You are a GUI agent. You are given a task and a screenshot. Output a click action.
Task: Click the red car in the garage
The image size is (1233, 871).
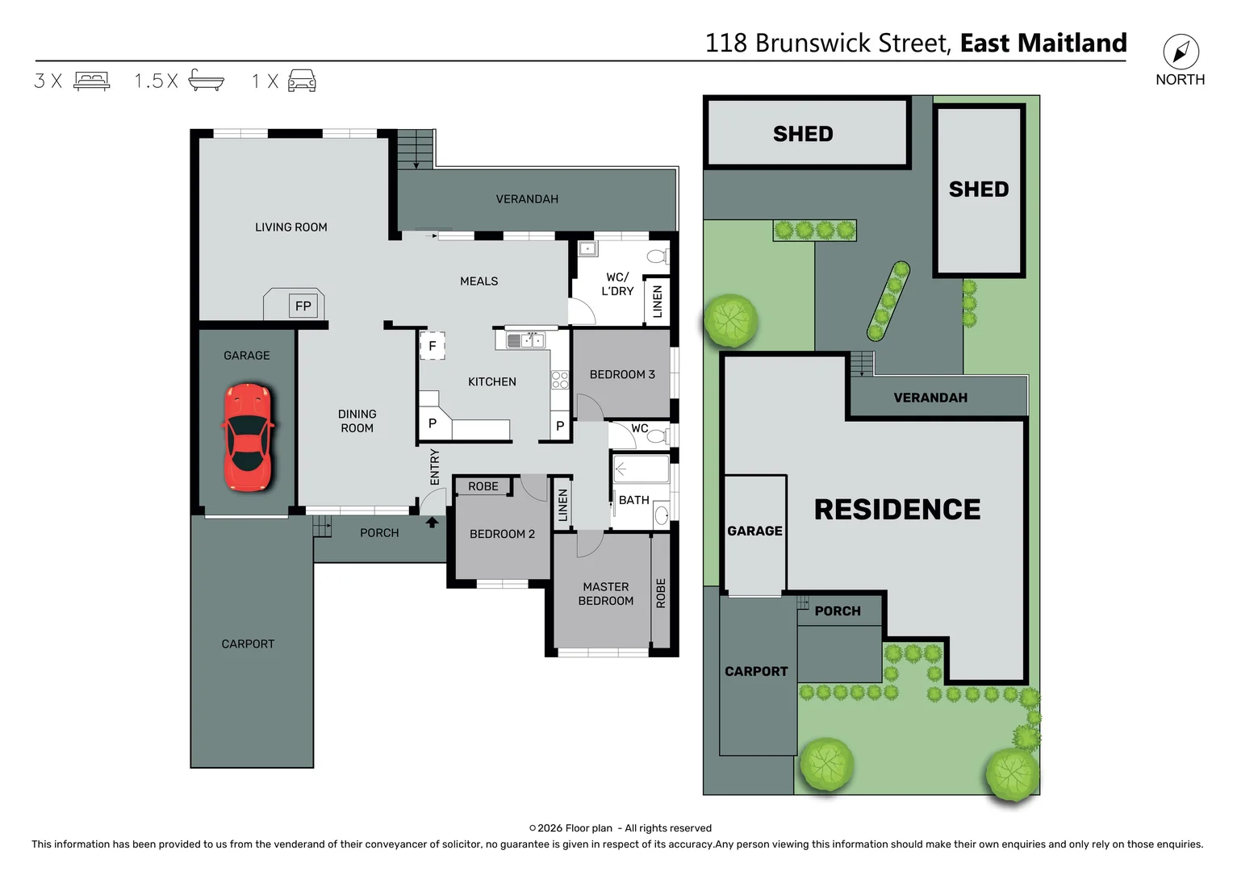click(x=248, y=437)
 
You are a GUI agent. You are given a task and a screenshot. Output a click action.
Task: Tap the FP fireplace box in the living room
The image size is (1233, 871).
click(x=303, y=306)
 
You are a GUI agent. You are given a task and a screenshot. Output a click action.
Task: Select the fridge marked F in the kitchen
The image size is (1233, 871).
click(x=433, y=346)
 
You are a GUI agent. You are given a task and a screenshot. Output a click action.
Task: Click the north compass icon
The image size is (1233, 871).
click(x=1181, y=52)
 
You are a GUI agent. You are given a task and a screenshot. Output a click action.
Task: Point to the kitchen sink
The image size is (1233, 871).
click(x=525, y=341)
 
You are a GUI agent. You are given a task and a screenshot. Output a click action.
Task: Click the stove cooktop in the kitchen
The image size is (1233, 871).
click(x=560, y=380)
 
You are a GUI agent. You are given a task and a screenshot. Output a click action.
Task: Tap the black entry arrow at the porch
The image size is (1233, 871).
click(x=433, y=523)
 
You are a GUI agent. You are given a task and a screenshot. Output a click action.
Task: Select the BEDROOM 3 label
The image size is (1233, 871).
click(x=622, y=374)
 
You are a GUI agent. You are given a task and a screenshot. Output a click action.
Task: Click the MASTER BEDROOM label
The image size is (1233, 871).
click(x=605, y=594)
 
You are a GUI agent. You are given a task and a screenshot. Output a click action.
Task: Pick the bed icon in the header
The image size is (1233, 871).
click(x=92, y=81)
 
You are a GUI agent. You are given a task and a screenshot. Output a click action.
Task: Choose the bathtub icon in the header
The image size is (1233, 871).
click(x=206, y=81)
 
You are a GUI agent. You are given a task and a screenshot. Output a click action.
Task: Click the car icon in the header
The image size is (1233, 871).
click(x=302, y=81)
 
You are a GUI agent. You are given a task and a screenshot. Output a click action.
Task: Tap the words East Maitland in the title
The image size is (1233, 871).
click(x=1043, y=43)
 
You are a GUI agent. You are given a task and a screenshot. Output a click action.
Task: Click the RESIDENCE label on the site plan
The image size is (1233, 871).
click(x=897, y=510)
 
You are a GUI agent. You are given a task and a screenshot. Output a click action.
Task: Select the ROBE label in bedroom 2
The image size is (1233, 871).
click(x=483, y=486)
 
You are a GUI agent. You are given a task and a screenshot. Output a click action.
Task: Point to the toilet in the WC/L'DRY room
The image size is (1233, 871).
click(x=657, y=256)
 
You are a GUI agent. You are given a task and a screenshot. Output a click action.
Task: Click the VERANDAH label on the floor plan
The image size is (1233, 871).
click(x=527, y=199)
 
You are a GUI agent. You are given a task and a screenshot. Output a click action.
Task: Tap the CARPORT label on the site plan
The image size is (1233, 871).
click(x=756, y=671)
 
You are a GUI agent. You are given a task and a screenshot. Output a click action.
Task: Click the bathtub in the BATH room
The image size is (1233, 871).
click(x=642, y=469)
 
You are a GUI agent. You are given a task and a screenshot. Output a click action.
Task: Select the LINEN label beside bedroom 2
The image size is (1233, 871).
click(x=563, y=505)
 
